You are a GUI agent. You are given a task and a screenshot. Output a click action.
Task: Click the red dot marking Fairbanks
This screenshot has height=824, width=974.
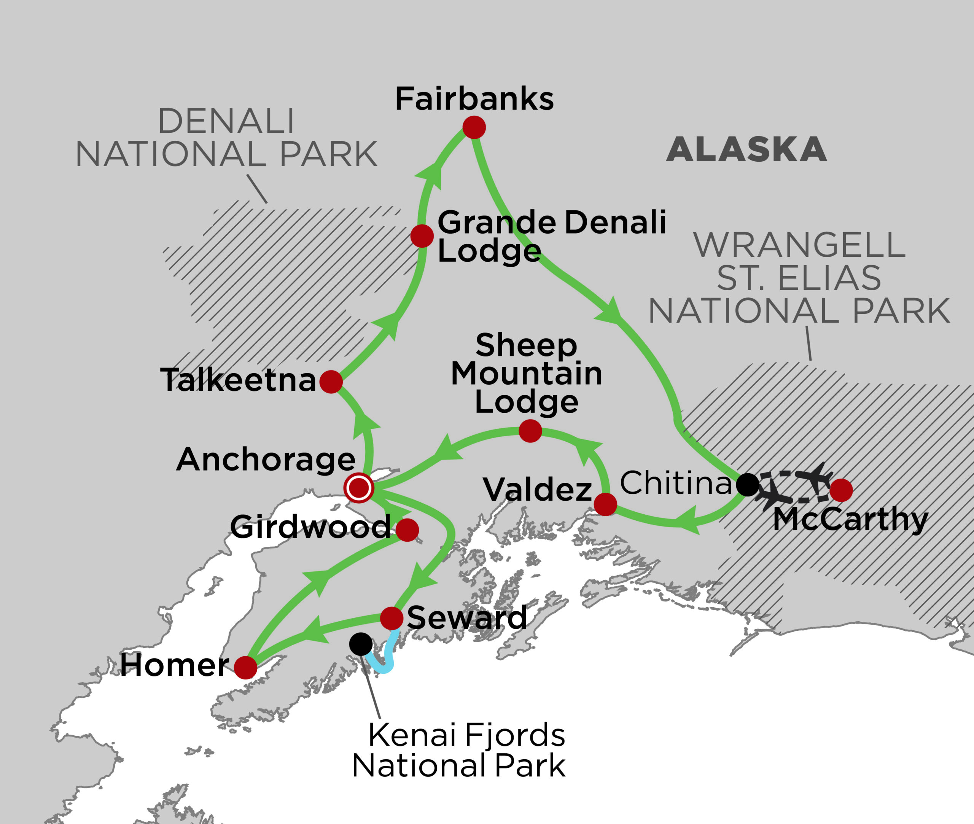tap(474, 127)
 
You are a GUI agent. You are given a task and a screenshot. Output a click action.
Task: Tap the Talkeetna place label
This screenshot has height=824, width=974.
tap(238, 380)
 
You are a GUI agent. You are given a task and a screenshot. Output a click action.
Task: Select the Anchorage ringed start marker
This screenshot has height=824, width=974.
tap(358, 488)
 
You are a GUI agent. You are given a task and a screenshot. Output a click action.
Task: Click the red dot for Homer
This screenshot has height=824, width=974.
tap(245, 668)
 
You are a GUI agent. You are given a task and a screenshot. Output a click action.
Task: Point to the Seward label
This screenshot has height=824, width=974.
tap(467, 618)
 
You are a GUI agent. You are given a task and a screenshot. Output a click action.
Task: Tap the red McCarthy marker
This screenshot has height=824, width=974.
tap(841, 490)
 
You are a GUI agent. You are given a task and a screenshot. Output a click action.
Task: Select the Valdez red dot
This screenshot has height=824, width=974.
tap(605, 504)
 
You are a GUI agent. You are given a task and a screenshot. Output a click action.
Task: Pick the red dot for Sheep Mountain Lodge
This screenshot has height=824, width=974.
tap(530, 431)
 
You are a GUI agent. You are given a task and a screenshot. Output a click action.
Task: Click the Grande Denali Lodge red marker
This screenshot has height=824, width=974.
tap(422, 236)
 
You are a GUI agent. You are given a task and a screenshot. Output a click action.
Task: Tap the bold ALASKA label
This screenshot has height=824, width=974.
tap(746, 150)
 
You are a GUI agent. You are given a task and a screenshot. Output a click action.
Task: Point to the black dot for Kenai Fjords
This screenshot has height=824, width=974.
tap(361, 644)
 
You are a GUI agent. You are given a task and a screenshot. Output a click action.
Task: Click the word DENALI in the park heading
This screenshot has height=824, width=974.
tap(226, 121)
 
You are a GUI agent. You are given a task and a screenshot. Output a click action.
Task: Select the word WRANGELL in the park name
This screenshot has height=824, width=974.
tap(799, 245)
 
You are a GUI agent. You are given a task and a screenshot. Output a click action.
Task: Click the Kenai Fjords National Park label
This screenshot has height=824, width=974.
tap(459, 750)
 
